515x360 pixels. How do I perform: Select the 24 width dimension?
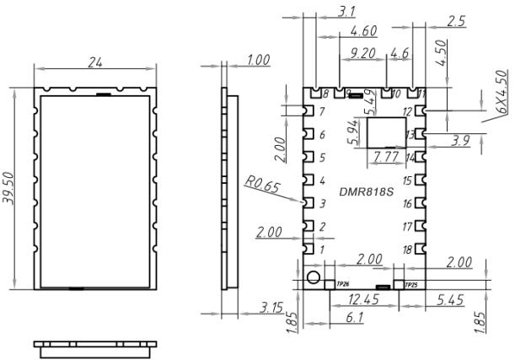click(x=96, y=61)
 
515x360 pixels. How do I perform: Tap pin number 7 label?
click(x=320, y=112)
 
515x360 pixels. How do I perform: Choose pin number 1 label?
click(x=320, y=250)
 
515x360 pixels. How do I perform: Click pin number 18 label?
click(x=407, y=249)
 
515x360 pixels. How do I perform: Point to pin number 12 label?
click(x=407, y=112)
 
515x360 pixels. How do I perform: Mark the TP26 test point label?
click(x=342, y=285)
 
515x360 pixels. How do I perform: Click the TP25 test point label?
click(x=411, y=285)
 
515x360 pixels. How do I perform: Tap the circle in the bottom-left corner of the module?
click(x=313, y=278)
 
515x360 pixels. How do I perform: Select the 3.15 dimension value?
click(x=271, y=309)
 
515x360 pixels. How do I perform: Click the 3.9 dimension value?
click(x=460, y=141)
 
